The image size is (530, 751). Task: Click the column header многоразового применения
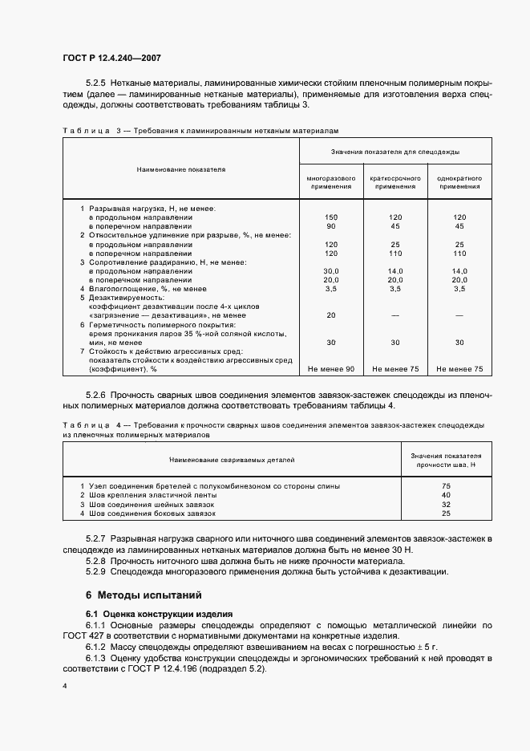click(x=330, y=181)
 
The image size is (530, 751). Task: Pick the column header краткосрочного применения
click(x=395, y=181)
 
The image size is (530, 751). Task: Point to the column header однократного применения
click(x=459, y=181)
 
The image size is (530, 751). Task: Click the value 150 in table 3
click(x=330, y=217)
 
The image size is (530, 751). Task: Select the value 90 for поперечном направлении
click(x=330, y=226)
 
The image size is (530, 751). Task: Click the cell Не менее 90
click(x=330, y=369)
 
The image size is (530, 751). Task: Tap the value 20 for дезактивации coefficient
click(x=330, y=315)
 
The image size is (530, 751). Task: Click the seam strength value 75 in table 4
click(x=446, y=486)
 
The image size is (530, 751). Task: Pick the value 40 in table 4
click(x=446, y=495)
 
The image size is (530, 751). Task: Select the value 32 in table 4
click(x=446, y=504)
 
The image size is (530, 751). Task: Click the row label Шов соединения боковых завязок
click(x=152, y=513)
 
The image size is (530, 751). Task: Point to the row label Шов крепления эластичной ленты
click(x=152, y=495)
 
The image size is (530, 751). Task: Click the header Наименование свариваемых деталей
click(x=232, y=460)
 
